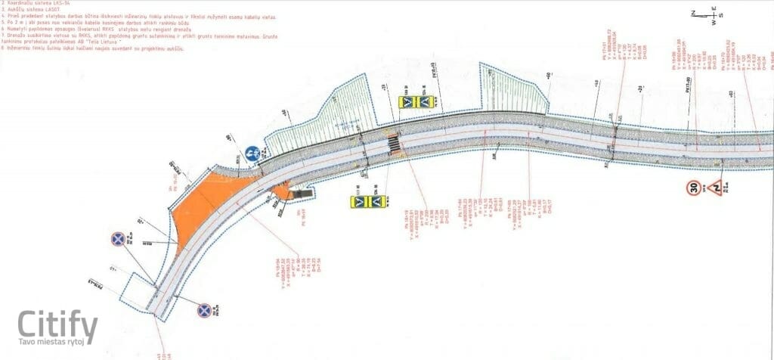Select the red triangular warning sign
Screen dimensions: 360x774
[x=714, y=188]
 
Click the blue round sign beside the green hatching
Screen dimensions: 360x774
[x=252, y=153]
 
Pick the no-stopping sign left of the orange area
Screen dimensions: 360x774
[x=119, y=239]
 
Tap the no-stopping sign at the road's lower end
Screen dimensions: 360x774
[x=204, y=310]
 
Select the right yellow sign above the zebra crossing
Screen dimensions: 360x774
[x=425, y=101]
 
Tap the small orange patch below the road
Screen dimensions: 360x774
[x=283, y=193]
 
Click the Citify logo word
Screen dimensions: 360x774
[x=57, y=325]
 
